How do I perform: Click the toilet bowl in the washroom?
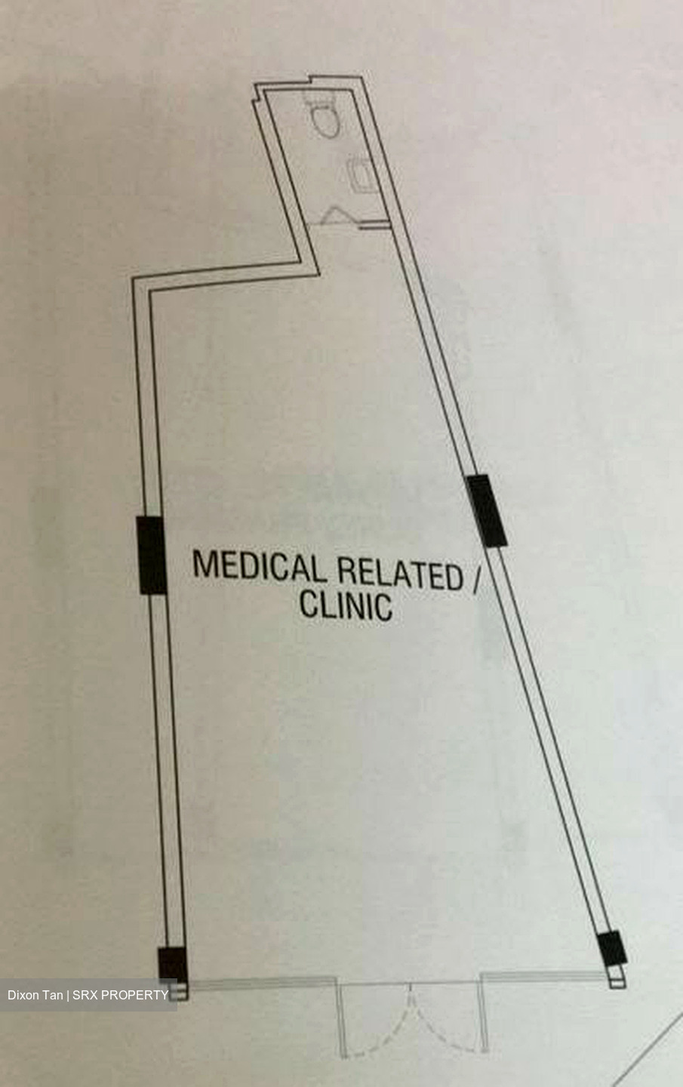[x=323, y=116]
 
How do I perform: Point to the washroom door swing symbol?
[x=335, y=215]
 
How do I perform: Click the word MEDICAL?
[x=257, y=566]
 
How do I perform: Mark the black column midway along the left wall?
[x=152, y=555]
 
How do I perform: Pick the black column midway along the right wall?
[x=486, y=511]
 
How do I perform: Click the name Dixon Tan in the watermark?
[x=35, y=995]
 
